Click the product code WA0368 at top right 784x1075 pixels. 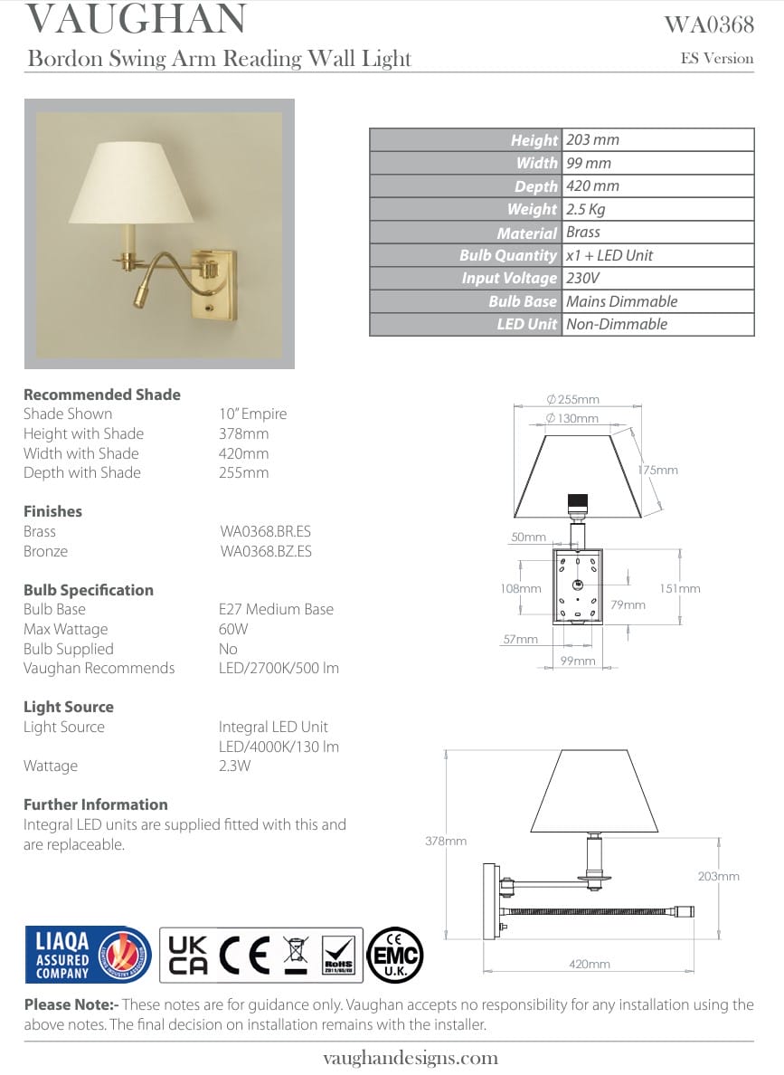click(x=708, y=24)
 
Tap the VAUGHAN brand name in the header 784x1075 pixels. click(x=136, y=20)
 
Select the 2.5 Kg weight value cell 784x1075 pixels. click(x=585, y=209)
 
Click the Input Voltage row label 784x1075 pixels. click(x=509, y=279)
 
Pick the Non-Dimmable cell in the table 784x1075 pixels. click(x=616, y=325)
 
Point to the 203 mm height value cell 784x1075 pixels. click(x=592, y=140)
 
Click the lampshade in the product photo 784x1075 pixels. click(x=132, y=184)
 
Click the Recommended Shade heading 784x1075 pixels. click(x=101, y=395)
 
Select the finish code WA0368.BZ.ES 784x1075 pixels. click(x=265, y=551)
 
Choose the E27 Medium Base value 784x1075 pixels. click(x=276, y=610)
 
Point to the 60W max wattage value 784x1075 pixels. click(x=233, y=630)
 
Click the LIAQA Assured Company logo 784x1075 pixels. click(x=87, y=955)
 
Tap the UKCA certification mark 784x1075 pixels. click(x=188, y=955)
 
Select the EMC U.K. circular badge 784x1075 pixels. click(x=394, y=955)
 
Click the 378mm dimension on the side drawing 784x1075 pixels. click(x=446, y=842)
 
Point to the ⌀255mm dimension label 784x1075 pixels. click(x=573, y=400)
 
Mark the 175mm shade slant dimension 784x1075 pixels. click(x=657, y=471)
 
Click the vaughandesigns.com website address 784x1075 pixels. click(x=410, y=1058)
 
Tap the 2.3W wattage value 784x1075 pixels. click(x=234, y=766)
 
